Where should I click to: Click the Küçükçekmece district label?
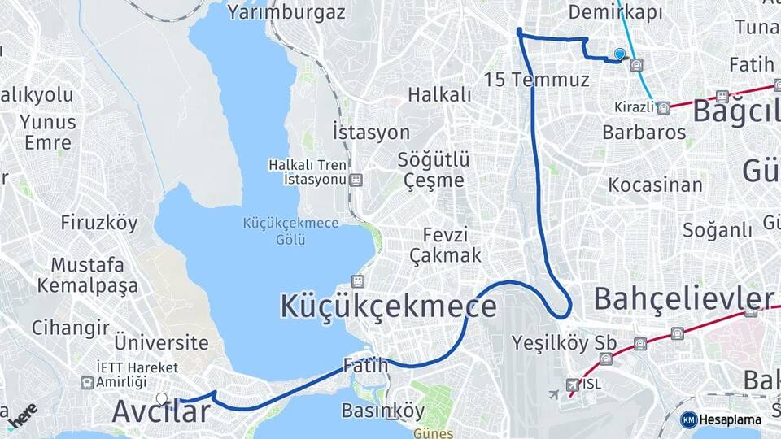tap(388, 306)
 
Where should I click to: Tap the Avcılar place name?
tap(160, 412)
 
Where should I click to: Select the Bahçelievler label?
tap(683, 298)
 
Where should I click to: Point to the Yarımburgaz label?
tap(286, 12)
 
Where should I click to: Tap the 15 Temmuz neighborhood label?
tap(536, 80)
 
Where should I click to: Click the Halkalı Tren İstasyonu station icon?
tap(356, 180)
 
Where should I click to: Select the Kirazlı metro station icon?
tap(664, 107)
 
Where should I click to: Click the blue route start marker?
tap(620, 54)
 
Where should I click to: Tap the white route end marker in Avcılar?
tap(162, 398)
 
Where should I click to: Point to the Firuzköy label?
tap(99, 223)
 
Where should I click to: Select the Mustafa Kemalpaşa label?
tap(87, 276)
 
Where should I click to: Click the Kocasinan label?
tap(655, 185)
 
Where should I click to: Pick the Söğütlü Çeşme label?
tap(431, 169)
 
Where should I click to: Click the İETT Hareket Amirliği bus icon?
tap(86, 382)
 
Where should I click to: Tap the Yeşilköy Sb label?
tap(564, 342)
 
